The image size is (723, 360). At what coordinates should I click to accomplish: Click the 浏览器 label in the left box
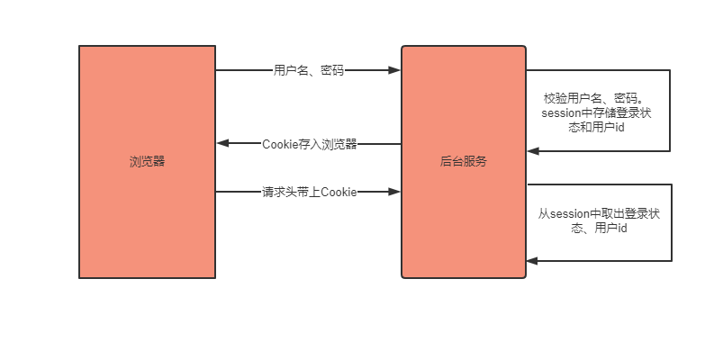point(147,162)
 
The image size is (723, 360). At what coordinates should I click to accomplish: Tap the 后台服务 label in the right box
point(464,162)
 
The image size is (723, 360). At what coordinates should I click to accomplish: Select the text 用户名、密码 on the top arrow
point(308,70)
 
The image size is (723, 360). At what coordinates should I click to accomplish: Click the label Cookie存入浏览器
point(309,144)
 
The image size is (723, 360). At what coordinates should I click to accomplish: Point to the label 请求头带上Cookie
point(309,192)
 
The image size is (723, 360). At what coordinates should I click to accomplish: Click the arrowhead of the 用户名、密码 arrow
point(395,70)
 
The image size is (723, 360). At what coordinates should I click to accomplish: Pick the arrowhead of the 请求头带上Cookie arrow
point(395,192)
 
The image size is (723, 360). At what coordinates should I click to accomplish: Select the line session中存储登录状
point(599,113)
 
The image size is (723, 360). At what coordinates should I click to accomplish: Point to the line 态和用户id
point(598,129)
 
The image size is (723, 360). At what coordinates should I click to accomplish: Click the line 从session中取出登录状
point(599,214)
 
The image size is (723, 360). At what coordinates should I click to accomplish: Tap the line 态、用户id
point(599,229)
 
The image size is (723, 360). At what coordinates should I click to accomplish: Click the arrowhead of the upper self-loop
point(533,151)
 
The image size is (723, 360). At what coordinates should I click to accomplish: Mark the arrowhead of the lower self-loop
point(533,261)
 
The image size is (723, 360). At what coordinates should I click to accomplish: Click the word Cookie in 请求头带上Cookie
point(339,192)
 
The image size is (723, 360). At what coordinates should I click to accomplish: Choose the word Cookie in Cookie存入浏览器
point(280,144)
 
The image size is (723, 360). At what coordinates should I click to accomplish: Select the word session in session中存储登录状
point(561,113)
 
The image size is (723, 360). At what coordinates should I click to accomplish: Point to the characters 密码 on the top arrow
point(331,70)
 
